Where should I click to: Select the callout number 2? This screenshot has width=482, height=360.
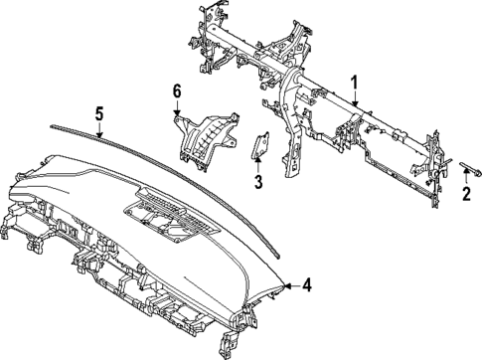click(465, 193)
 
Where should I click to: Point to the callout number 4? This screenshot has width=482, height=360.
click(307, 286)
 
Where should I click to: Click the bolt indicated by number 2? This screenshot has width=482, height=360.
click(466, 160)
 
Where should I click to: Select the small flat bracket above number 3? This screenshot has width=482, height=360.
click(260, 146)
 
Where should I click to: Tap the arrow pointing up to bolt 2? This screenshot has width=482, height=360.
click(465, 174)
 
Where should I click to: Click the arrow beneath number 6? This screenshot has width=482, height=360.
click(177, 112)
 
